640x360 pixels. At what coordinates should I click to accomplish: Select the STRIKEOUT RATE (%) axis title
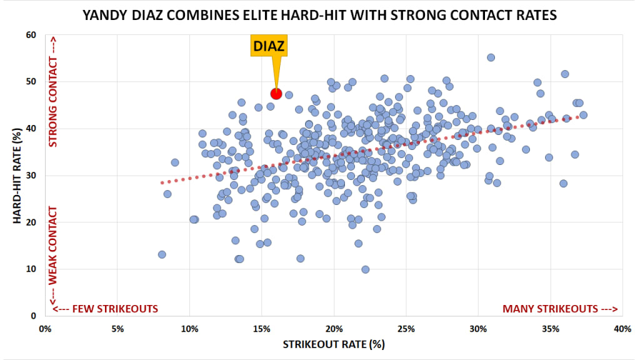pos(334,344)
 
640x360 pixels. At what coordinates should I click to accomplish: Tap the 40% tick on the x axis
pos(622,329)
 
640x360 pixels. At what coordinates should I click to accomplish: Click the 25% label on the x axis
pos(406,329)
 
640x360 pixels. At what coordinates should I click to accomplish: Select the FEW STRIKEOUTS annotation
pos(105,309)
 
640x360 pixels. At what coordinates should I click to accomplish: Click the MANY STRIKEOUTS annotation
pos(560,309)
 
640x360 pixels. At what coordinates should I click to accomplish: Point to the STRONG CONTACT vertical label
pos(53,103)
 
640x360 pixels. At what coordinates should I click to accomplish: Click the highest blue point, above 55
pos(491,57)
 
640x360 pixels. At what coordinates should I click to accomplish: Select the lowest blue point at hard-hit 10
pos(366,269)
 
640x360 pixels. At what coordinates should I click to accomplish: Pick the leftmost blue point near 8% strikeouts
pos(162,254)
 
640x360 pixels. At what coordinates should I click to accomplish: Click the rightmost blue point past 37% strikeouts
pos(583,115)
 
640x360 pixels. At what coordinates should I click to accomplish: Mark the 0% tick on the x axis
pos(44,329)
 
